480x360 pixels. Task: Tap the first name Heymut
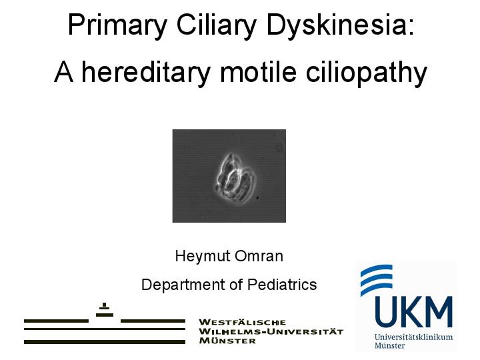(198, 256)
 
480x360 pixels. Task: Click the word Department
(182, 285)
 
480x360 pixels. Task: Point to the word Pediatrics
(282, 285)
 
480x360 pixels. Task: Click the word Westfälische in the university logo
(243, 322)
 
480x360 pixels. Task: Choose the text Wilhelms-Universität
(271, 331)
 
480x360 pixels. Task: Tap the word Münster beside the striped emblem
(227, 341)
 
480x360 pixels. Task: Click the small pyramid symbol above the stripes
(104, 309)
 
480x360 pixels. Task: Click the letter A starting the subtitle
(63, 72)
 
